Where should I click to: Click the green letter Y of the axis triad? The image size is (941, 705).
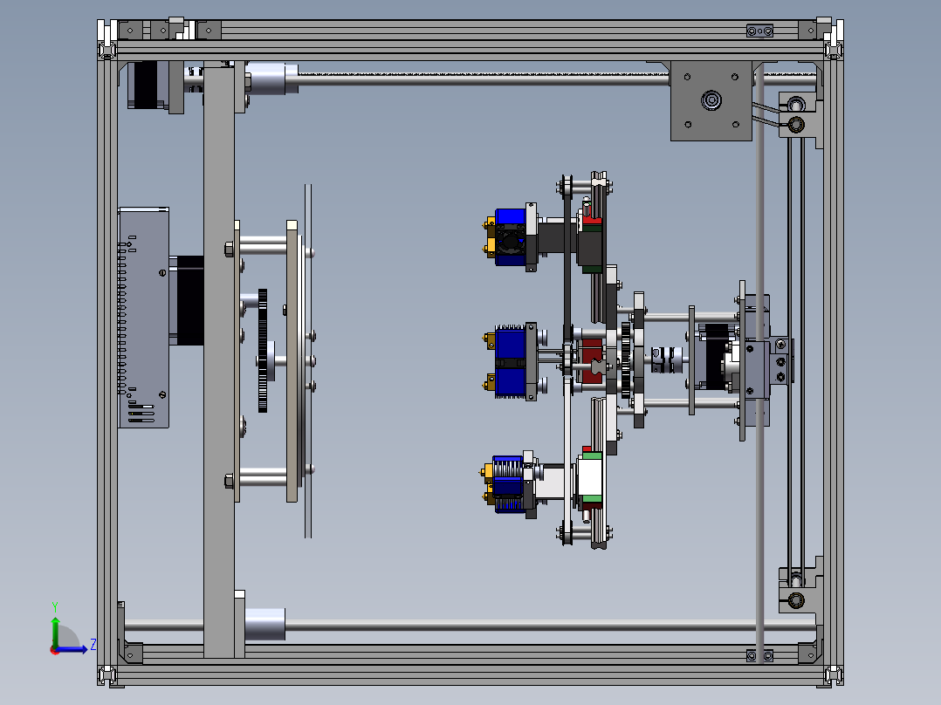coord(55,606)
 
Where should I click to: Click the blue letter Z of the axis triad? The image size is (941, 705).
coord(93,645)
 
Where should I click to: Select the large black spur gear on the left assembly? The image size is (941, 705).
coord(262,351)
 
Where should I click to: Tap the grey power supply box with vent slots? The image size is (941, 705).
coord(143,318)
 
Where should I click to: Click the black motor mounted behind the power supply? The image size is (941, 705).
coord(189,300)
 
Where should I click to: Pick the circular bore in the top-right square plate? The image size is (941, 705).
coord(711,100)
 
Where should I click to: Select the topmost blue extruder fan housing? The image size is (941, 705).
coord(510,237)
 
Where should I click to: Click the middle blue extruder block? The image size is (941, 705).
coord(511,360)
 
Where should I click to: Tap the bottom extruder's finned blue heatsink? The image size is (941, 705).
coord(508,483)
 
